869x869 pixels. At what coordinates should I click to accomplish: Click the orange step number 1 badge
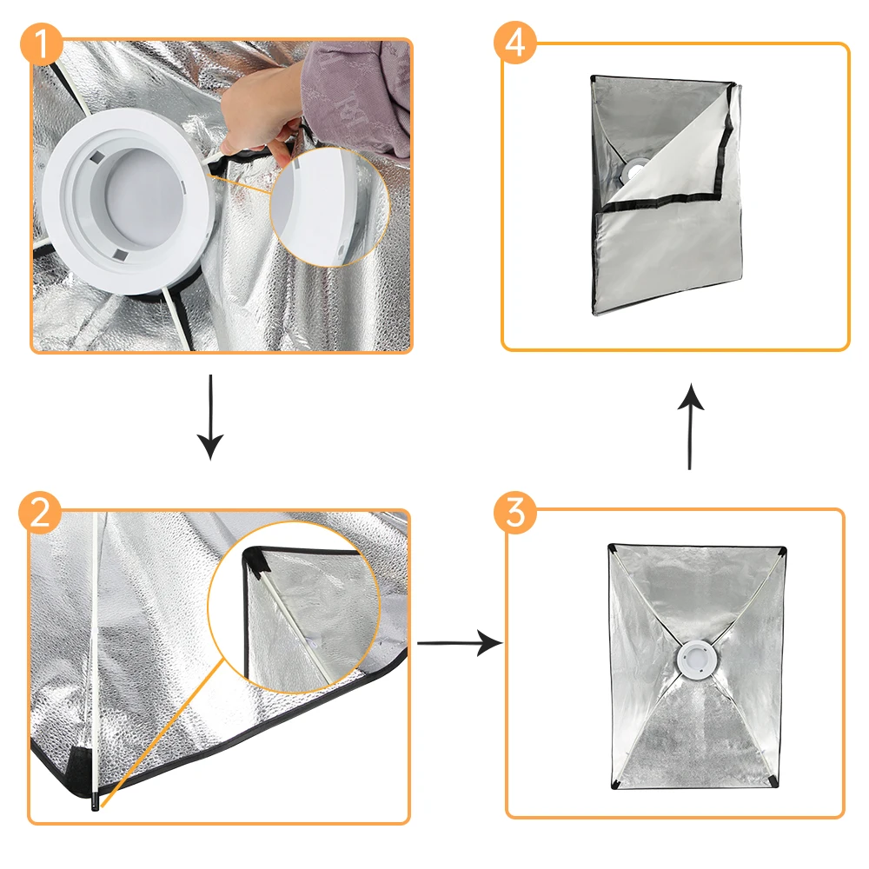pyautogui.click(x=42, y=43)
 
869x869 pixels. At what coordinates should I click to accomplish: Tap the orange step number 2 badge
pyautogui.click(x=40, y=513)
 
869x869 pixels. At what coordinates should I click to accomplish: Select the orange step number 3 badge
pyautogui.click(x=514, y=512)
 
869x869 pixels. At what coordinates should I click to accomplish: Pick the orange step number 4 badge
pyautogui.click(x=514, y=43)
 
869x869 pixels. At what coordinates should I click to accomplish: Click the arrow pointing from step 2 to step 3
pyautogui.click(x=460, y=643)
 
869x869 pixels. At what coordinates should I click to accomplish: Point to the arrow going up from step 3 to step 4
pyautogui.click(x=691, y=426)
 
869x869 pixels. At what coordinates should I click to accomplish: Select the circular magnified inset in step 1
pyautogui.click(x=329, y=207)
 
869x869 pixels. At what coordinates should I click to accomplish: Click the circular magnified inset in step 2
pyautogui.click(x=294, y=607)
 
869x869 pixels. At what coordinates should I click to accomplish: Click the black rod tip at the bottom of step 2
pyautogui.click(x=96, y=802)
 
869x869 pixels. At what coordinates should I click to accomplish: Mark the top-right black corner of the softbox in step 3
pyautogui.click(x=781, y=551)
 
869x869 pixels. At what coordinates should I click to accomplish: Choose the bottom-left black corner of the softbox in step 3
pyautogui.click(x=616, y=784)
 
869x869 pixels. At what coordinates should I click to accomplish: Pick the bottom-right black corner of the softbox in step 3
pyautogui.click(x=773, y=781)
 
